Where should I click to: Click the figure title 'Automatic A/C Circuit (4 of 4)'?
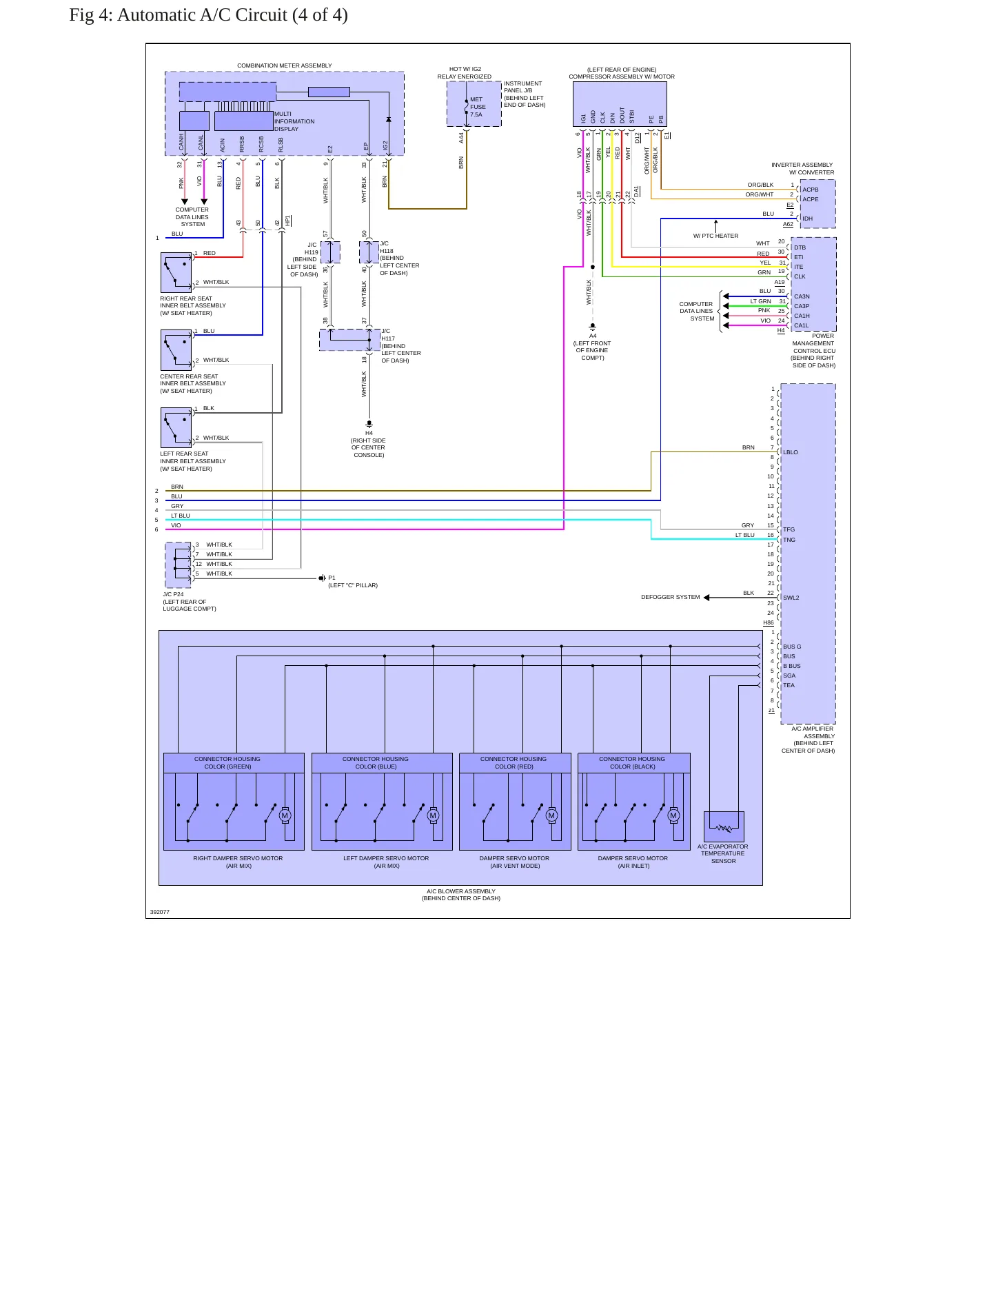pos(232,15)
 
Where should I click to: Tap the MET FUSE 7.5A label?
pos(478,107)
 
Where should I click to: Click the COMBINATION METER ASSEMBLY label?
pos(284,65)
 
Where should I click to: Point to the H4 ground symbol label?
pos(369,433)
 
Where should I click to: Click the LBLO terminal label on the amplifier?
pos(791,452)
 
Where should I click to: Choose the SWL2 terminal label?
pos(791,598)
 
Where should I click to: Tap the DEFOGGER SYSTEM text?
pos(670,597)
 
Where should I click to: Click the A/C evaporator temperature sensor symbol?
pos(724,826)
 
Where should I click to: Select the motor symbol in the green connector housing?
pos(285,816)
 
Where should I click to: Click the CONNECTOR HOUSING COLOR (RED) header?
pos(514,762)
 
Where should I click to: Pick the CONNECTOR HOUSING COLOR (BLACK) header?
pos(632,762)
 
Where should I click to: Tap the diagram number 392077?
pos(160,912)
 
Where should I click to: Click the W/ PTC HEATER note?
pos(715,236)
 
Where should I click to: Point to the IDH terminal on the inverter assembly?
pos(807,219)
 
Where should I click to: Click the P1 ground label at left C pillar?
pos(332,578)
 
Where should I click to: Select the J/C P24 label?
pos(173,594)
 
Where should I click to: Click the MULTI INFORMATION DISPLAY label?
pos(294,121)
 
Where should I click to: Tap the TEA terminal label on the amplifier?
pos(789,685)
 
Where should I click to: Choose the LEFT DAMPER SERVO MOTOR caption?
pos(386,858)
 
